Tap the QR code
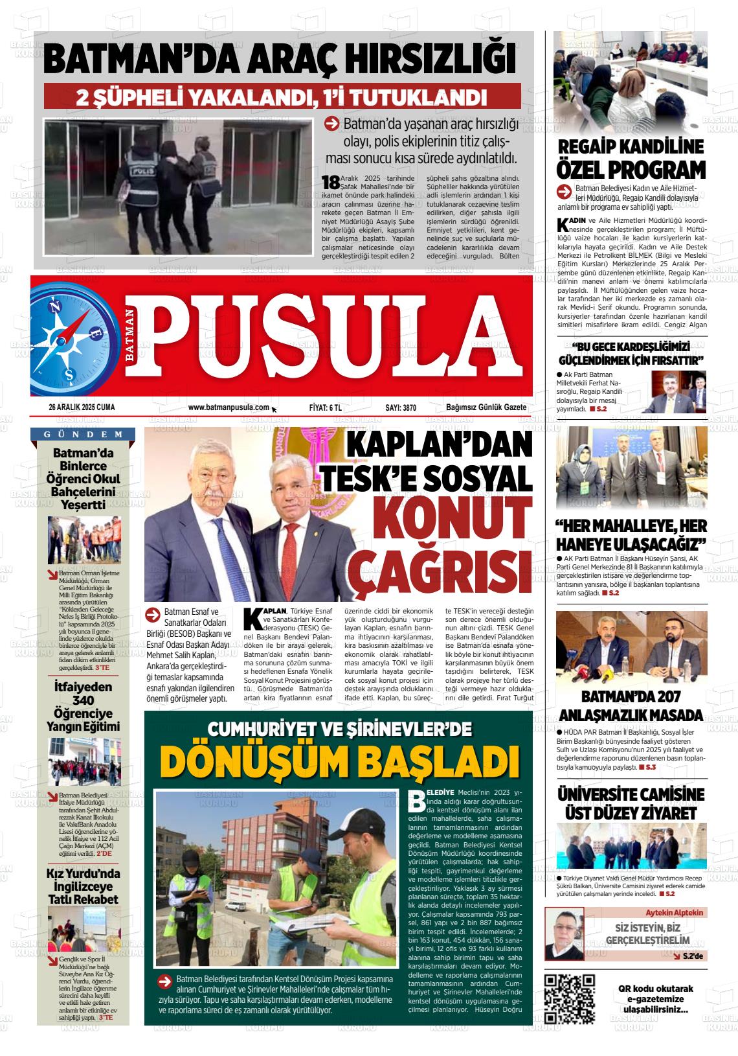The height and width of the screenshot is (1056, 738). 569,998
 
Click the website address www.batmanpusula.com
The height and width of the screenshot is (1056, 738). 229,407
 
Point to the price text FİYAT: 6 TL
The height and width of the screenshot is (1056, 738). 326,407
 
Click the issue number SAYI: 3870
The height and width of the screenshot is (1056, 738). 400,407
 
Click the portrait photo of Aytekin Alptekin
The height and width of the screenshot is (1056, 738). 564,934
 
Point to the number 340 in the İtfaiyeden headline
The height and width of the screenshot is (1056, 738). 84,700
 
